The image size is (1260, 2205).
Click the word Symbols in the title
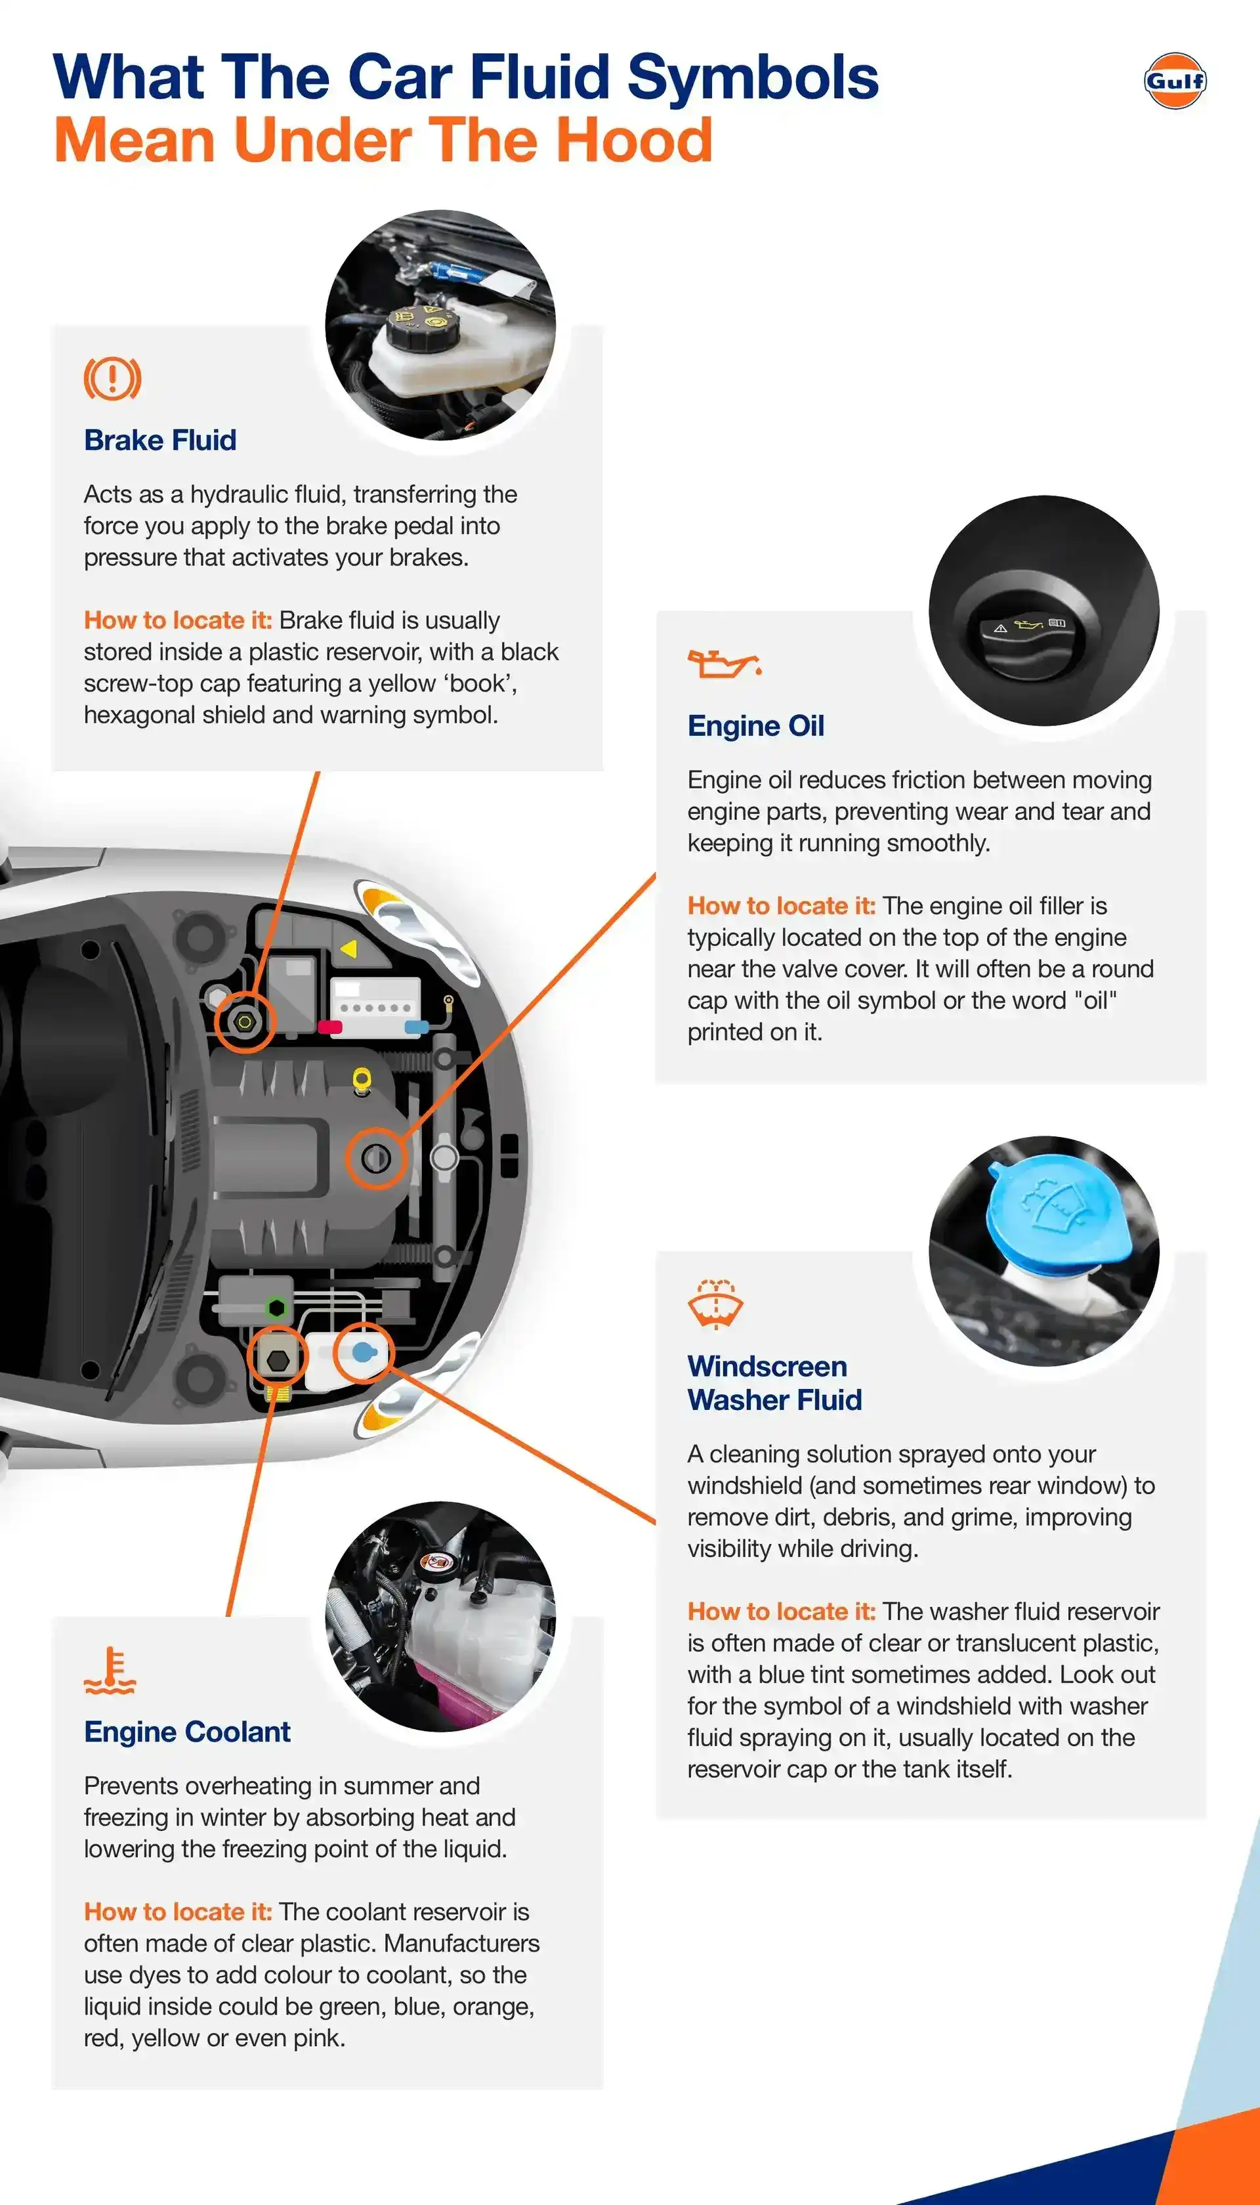click(x=751, y=78)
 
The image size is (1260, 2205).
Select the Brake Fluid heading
click(x=160, y=440)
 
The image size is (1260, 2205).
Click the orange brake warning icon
click(x=112, y=378)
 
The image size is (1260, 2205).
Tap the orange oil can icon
click(x=723, y=664)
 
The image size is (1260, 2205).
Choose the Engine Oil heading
click(x=755, y=725)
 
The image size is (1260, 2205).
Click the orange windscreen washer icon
click(x=716, y=1303)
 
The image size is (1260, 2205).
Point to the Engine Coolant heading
click(x=187, y=1732)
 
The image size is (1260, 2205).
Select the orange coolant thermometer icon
click(x=110, y=1670)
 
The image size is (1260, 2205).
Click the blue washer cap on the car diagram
click(x=364, y=1352)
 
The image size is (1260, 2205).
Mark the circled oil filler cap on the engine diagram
click(x=375, y=1158)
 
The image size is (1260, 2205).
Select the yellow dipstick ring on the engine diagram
click(x=362, y=1079)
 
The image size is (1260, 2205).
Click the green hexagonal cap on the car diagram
click(x=276, y=1308)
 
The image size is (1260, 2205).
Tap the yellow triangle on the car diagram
click(x=348, y=949)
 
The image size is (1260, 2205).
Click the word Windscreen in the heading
click(x=766, y=1367)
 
